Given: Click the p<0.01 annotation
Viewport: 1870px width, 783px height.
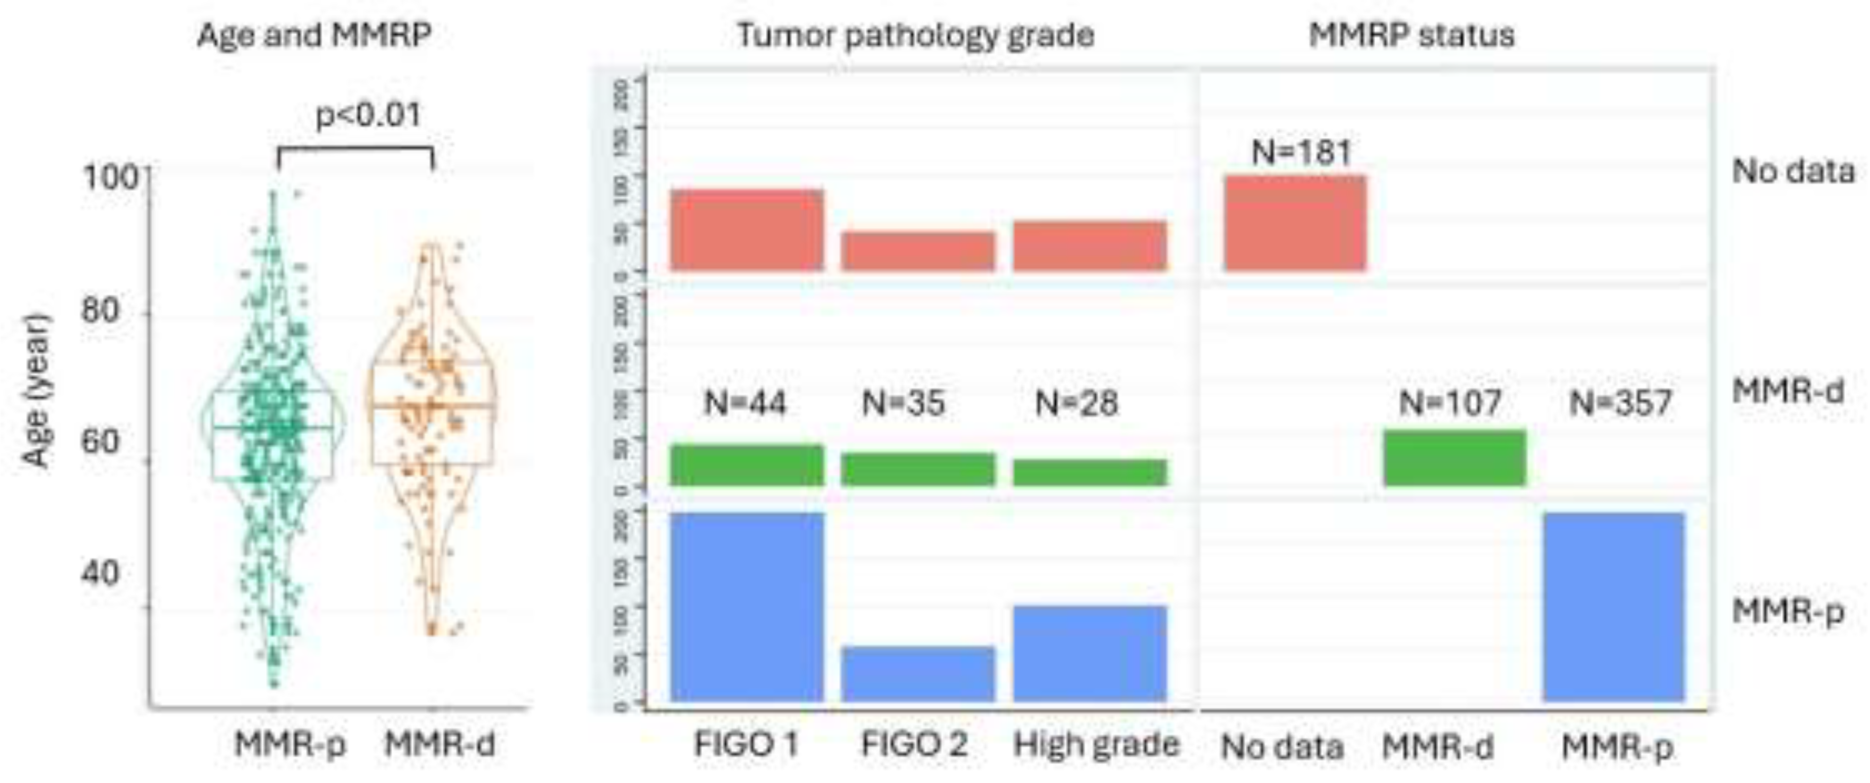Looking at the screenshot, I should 369,115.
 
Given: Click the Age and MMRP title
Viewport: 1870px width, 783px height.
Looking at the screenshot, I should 315,35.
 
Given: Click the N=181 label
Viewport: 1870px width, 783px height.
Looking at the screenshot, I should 1302,152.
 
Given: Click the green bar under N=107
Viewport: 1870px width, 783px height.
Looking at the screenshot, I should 1454,458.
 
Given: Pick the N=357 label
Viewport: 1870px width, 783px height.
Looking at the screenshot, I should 1620,403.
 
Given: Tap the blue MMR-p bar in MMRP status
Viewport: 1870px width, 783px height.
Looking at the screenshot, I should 1613,607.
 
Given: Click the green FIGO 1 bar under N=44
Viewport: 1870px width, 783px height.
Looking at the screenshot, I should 747,465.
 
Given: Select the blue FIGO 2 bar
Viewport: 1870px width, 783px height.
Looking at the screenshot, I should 917,673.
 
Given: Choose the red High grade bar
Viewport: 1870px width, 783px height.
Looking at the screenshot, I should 1090,246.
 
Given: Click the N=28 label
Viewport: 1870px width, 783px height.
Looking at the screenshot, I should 1077,403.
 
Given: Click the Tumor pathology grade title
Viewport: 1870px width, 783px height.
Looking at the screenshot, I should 915,35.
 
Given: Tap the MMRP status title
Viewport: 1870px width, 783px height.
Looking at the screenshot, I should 1411,35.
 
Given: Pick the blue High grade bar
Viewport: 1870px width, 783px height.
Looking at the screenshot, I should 1090,653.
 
